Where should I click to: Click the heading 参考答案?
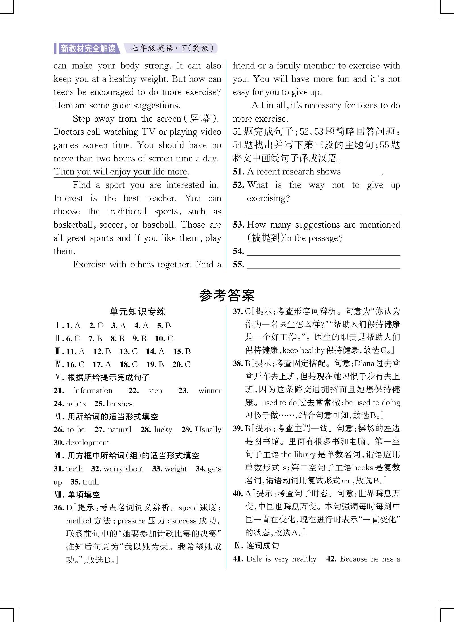tap(227, 296)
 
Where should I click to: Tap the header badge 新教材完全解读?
tap(88, 48)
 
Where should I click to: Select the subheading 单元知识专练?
tap(137, 312)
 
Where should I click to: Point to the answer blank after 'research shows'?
tap(362, 172)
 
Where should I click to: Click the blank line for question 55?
tap(323, 265)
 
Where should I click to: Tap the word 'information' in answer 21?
tap(93, 391)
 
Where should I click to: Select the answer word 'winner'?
tap(210, 391)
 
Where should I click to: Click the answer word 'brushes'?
tap(119, 404)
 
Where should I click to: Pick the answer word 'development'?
tap(87, 443)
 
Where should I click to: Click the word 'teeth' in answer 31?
tap(74, 469)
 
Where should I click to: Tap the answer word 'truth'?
tap(91, 482)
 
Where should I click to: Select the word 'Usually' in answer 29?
tap(208, 430)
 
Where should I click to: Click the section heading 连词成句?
tap(263, 546)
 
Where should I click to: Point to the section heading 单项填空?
tap(84, 495)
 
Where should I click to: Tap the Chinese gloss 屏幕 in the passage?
tap(200, 118)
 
